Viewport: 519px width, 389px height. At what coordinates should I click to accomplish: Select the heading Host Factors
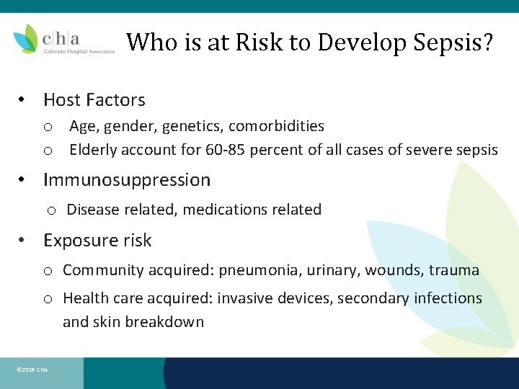point(94,100)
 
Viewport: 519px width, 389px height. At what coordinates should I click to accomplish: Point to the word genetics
point(192,126)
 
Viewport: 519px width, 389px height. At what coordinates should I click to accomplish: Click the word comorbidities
point(276,126)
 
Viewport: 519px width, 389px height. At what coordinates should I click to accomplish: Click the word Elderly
point(94,150)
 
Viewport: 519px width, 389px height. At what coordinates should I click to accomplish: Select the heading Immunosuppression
point(127,179)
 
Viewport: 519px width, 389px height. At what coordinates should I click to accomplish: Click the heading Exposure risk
point(97,240)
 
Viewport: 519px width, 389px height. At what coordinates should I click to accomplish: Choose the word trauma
point(453,270)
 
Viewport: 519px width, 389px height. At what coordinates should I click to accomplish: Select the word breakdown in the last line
point(164,322)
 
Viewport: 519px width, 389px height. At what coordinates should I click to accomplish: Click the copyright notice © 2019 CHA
point(32,370)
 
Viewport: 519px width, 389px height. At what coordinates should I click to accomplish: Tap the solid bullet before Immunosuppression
point(23,180)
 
